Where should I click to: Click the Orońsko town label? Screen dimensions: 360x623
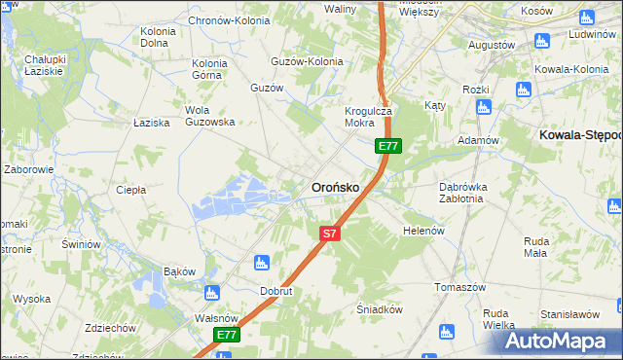tap(335, 186)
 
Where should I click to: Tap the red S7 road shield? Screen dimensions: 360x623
tap(330, 234)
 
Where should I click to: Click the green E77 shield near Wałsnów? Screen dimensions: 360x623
tap(227, 335)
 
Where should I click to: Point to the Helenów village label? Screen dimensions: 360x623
tap(423, 231)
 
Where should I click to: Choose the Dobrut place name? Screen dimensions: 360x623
tap(276, 291)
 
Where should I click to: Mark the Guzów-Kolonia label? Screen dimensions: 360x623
tap(308, 61)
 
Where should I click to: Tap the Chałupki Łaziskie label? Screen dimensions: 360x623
tap(44, 65)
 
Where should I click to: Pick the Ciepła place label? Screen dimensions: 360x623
tap(130, 190)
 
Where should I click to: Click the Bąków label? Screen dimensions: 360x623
tap(180, 270)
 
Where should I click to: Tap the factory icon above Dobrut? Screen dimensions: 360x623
tap(261, 262)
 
